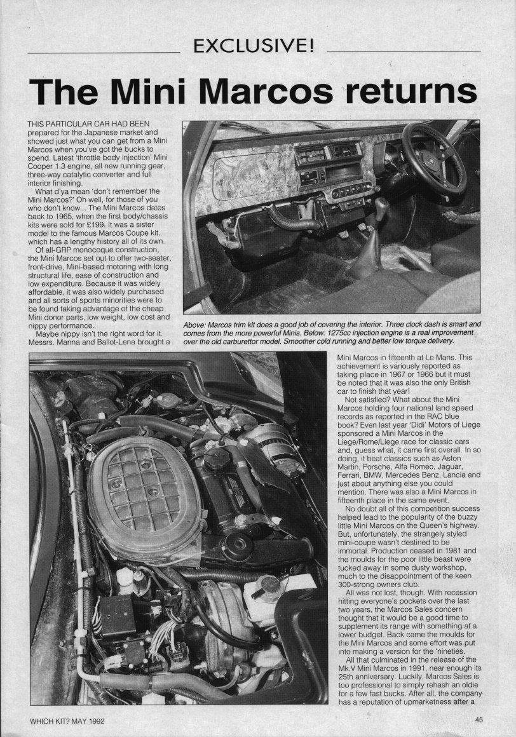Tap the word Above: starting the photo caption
[196, 325]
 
